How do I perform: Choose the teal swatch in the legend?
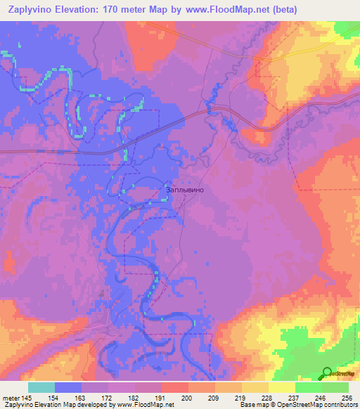[41, 387]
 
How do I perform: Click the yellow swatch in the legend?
[281, 387]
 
